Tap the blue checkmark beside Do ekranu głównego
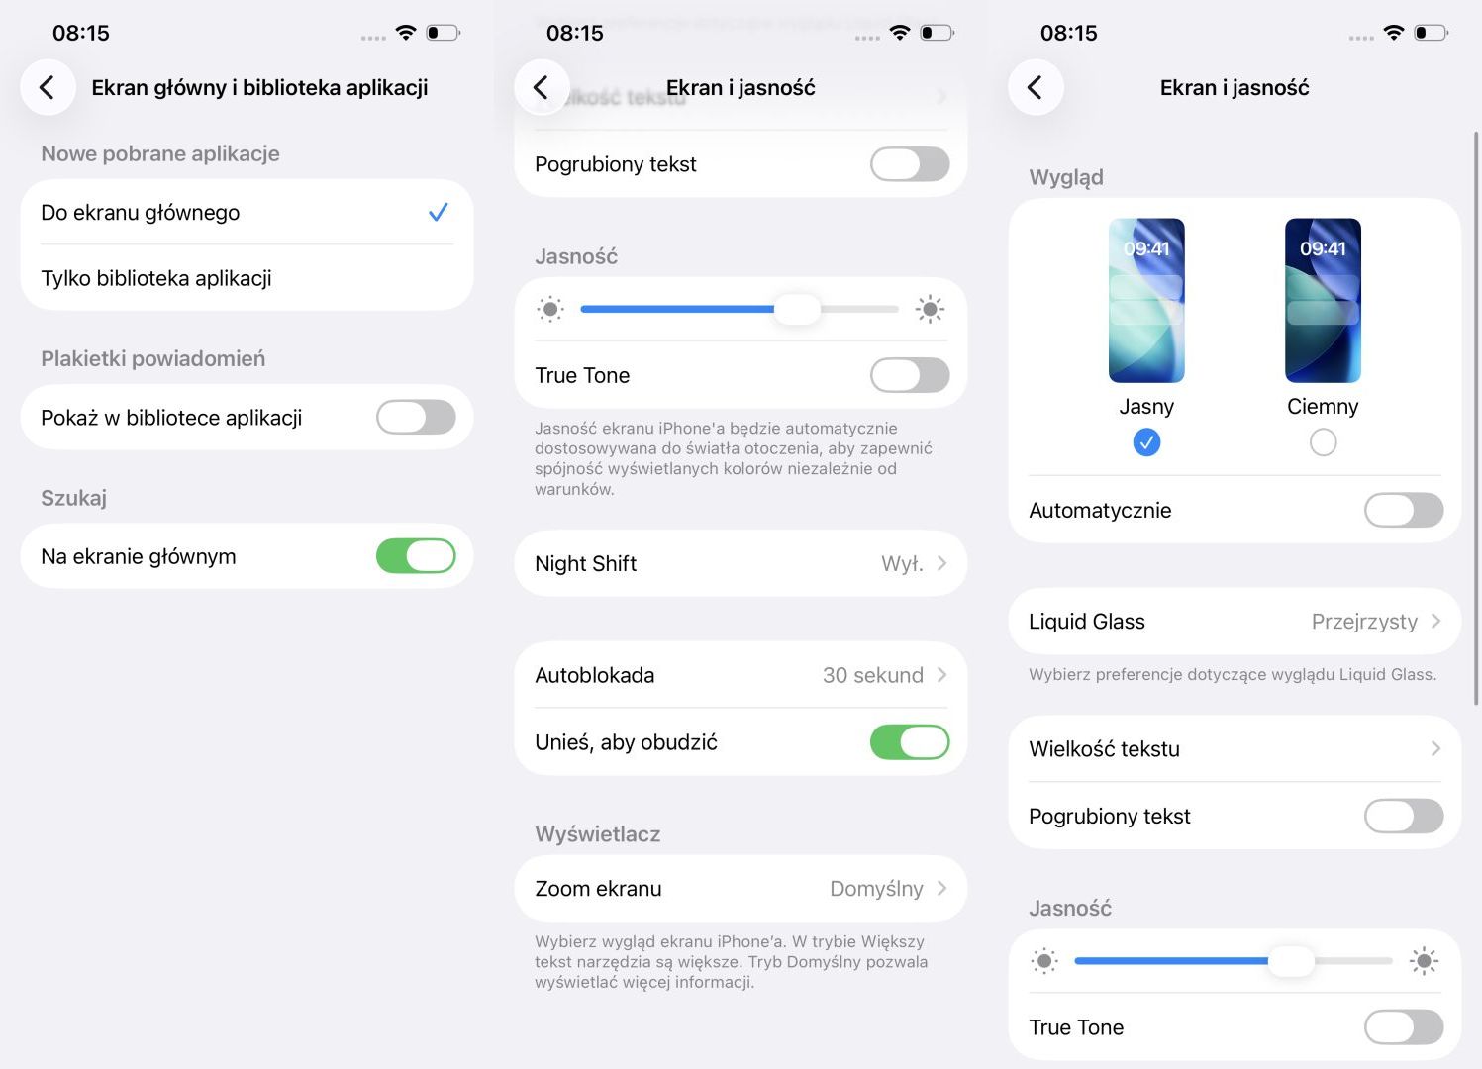pyautogui.click(x=438, y=212)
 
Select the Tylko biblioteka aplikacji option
pyautogui.click(x=156, y=278)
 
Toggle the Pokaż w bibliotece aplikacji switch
pyautogui.click(x=416, y=418)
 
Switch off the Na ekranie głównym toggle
pyautogui.click(x=416, y=556)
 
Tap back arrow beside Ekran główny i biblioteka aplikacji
pyautogui.click(x=47, y=87)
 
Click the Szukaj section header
pyautogui.click(x=73, y=498)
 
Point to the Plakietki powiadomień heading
pyautogui.click(x=152, y=358)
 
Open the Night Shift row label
pyautogui.click(x=585, y=563)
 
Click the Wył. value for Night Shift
pyautogui.click(x=902, y=563)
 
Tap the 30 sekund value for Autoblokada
pyautogui.click(x=872, y=675)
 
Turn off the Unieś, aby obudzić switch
pyautogui.click(x=910, y=742)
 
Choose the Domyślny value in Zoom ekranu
pyautogui.click(x=876, y=889)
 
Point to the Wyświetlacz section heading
pyautogui.click(x=597, y=834)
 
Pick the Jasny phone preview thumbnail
pyautogui.click(x=1146, y=300)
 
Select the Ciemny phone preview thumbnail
pyautogui.click(x=1323, y=300)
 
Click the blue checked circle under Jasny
pyautogui.click(x=1146, y=441)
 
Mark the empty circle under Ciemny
pyautogui.click(x=1323, y=441)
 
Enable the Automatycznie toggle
pyautogui.click(x=1403, y=510)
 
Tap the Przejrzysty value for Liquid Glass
pyautogui.click(x=1364, y=622)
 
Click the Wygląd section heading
pyautogui.click(x=1066, y=177)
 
